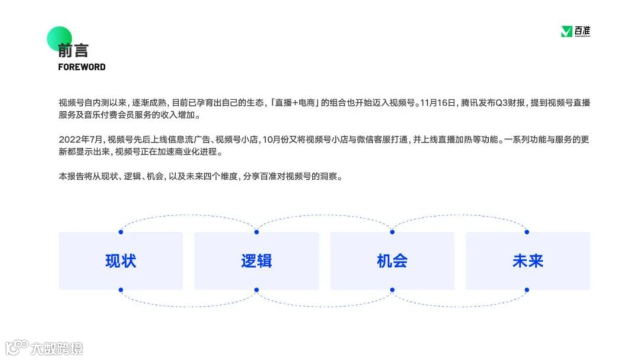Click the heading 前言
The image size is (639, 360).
click(x=73, y=50)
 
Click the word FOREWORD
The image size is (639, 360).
click(x=82, y=67)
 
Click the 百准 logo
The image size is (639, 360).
click(x=576, y=31)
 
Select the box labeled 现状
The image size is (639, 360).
click(x=121, y=261)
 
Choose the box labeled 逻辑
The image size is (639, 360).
click(x=256, y=261)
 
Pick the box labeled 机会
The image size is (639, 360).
click(x=392, y=261)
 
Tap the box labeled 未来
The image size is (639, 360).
click(x=527, y=261)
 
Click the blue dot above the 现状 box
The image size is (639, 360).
click(x=121, y=232)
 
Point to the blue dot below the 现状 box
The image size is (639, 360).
click(x=121, y=290)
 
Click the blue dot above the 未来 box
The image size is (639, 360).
click(x=527, y=232)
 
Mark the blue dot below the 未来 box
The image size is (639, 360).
click(x=527, y=290)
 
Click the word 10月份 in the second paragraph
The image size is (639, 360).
click(x=275, y=140)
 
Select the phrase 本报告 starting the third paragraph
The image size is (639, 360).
click(x=70, y=177)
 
